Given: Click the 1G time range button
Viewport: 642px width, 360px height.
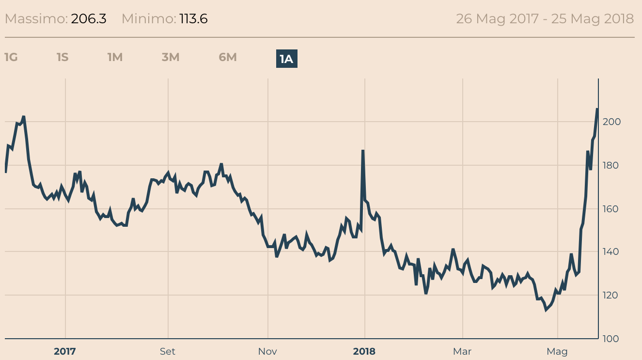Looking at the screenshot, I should tap(11, 57).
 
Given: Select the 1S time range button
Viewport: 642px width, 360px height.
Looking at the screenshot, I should tap(63, 57).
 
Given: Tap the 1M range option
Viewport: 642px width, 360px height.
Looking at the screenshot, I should tap(115, 57).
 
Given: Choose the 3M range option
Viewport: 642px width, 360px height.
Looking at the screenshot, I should tap(171, 57).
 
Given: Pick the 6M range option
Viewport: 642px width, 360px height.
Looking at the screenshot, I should tap(228, 57).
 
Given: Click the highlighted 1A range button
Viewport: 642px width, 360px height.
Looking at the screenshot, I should tap(286, 59).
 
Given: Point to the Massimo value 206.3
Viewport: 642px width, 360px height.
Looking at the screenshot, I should tap(89, 19).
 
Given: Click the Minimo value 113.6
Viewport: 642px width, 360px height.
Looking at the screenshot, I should tap(193, 19).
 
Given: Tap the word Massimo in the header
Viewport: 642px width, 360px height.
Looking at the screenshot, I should tap(36, 19).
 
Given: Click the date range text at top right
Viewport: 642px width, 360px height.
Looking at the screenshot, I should tap(545, 19).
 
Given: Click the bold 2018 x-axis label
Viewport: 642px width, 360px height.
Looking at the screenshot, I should tap(364, 351).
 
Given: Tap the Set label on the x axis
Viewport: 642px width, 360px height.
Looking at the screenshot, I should tap(168, 351).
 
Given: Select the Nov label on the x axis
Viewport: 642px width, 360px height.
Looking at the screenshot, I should tap(267, 351).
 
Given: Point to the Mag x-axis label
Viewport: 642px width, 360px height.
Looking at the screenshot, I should tap(557, 351).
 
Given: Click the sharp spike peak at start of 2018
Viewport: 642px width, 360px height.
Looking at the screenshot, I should tap(363, 151).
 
